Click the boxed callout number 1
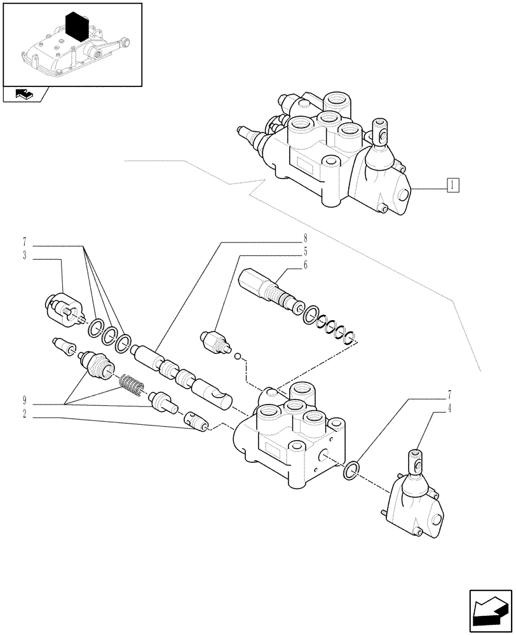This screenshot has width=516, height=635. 452,185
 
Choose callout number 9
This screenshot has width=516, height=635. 24,400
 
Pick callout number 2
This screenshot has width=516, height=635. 24,413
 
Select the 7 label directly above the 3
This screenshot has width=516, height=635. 24,242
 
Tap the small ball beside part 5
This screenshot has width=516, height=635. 237,357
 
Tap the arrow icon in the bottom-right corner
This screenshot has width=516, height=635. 491,610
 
